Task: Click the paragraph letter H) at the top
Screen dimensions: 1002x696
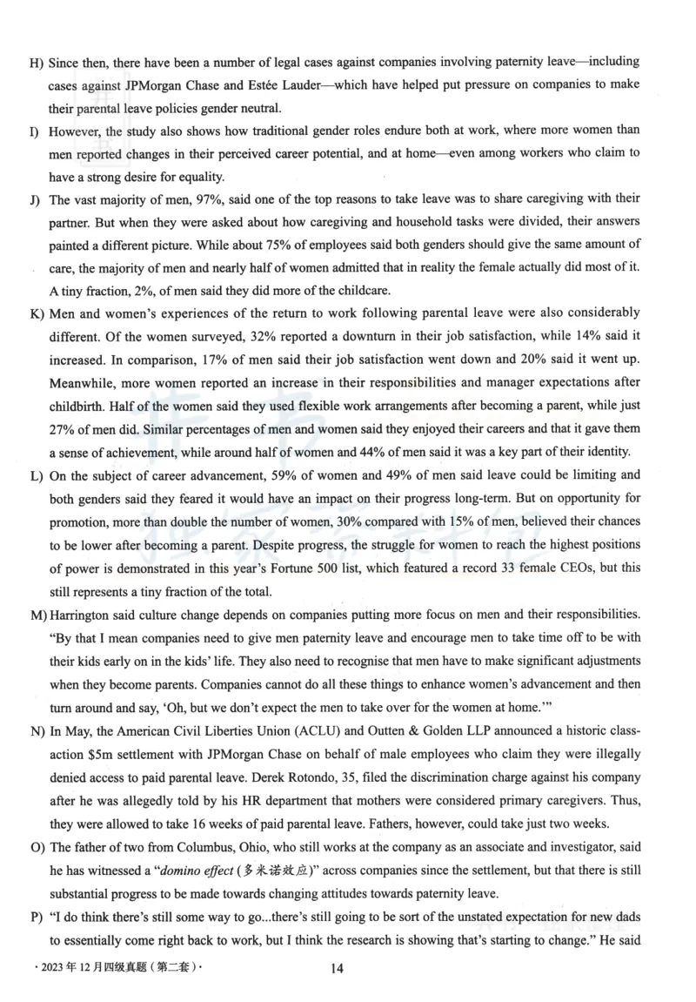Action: pyautogui.click(x=37, y=63)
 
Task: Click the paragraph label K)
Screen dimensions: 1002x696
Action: pyautogui.click(x=37, y=313)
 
